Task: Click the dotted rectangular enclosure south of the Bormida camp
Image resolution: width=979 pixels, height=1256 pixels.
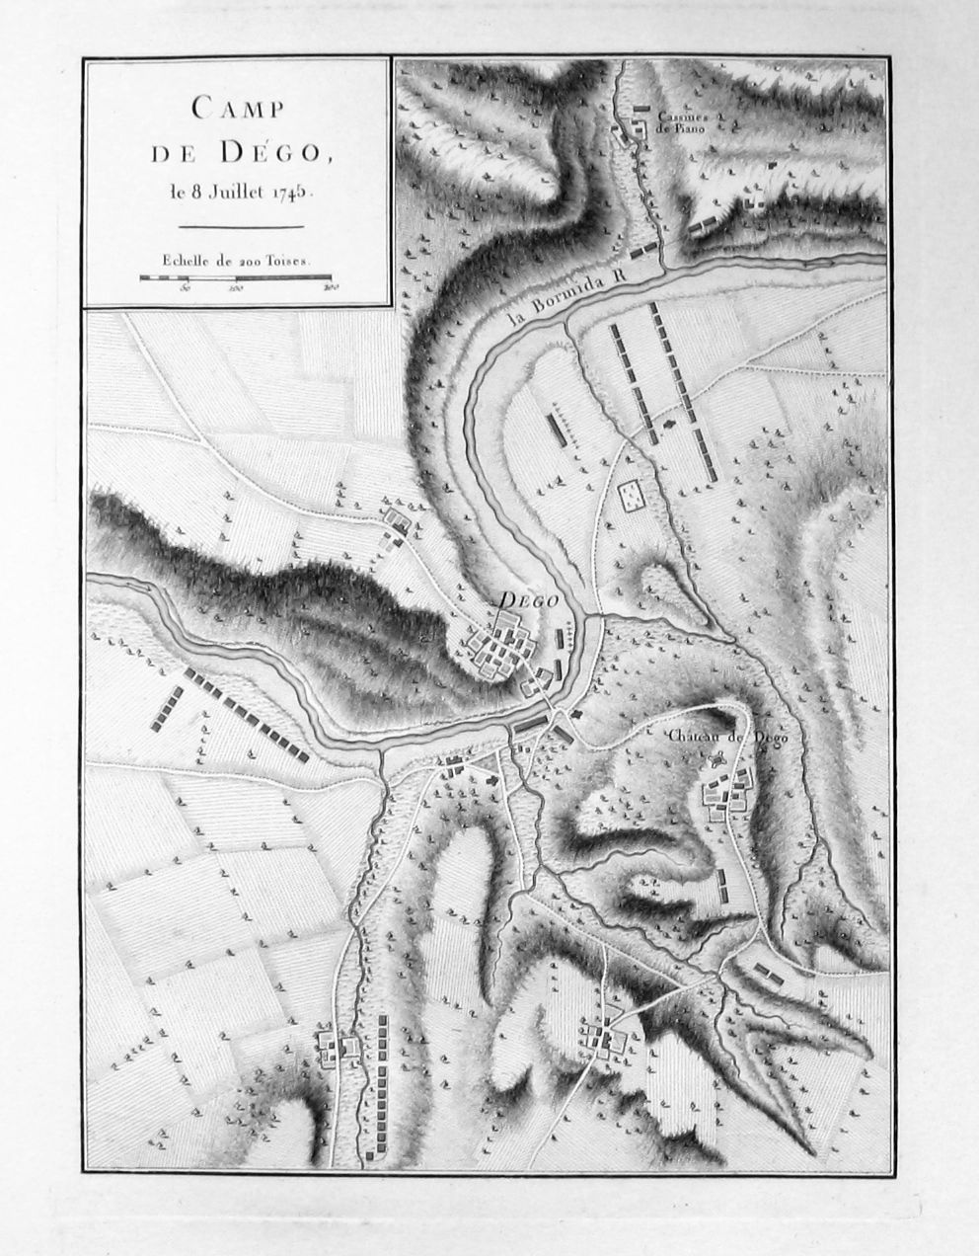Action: point(629,496)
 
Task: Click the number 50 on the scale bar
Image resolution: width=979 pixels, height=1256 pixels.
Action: point(185,289)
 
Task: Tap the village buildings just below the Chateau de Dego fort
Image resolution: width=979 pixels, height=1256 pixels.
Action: point(727,795)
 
